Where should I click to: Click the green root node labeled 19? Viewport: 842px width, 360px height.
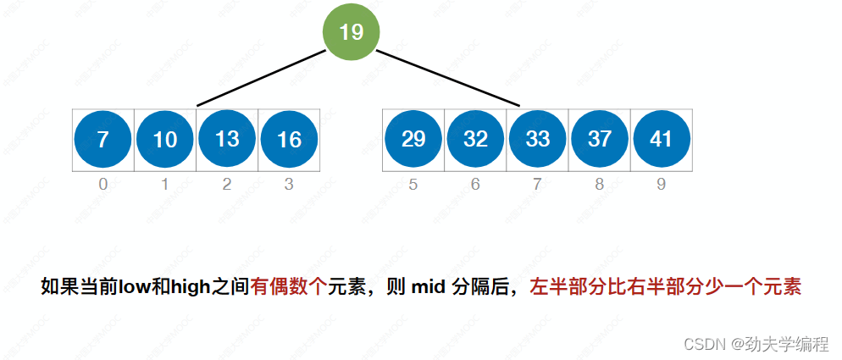click(351, 32)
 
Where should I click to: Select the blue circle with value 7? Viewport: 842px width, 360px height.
click(102, 139)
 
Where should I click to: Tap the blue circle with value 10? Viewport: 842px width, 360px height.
click(165, 139)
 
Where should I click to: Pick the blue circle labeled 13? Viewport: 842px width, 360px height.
click(227, 139)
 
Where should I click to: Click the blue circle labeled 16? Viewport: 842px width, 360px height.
click(289, 139)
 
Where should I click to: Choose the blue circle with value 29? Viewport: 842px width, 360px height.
click(413, 139)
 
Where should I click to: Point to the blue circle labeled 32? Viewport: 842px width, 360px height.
click(475, 139)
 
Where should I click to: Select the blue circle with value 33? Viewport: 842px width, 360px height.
click(537, 139)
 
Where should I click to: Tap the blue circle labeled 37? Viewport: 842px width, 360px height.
click(600, 139)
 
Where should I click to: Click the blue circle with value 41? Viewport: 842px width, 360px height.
click(662, 139)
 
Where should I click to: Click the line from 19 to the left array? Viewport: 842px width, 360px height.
click(261, 78)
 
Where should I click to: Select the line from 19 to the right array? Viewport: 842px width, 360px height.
click(447, 78)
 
